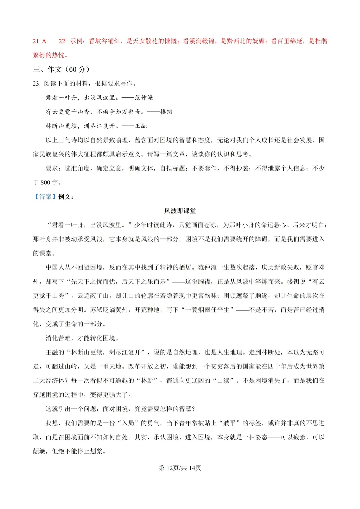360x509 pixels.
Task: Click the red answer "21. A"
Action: coord(39,41)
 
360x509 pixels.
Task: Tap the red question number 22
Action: coord(62,41)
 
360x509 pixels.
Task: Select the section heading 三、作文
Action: coord(47,69)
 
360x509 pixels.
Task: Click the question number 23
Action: coord(36,84)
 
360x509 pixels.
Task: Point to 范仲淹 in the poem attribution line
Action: coord(144,98)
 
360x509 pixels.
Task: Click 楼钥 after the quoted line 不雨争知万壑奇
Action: coord(166,112)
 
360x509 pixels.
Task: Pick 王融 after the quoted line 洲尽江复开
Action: coord(141,126)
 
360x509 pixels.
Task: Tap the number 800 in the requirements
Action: coord(45,183)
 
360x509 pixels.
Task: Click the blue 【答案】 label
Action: coord(45,197)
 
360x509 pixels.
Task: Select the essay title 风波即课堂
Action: coord(180,211)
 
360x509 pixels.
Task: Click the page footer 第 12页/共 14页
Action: coord(180,468)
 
